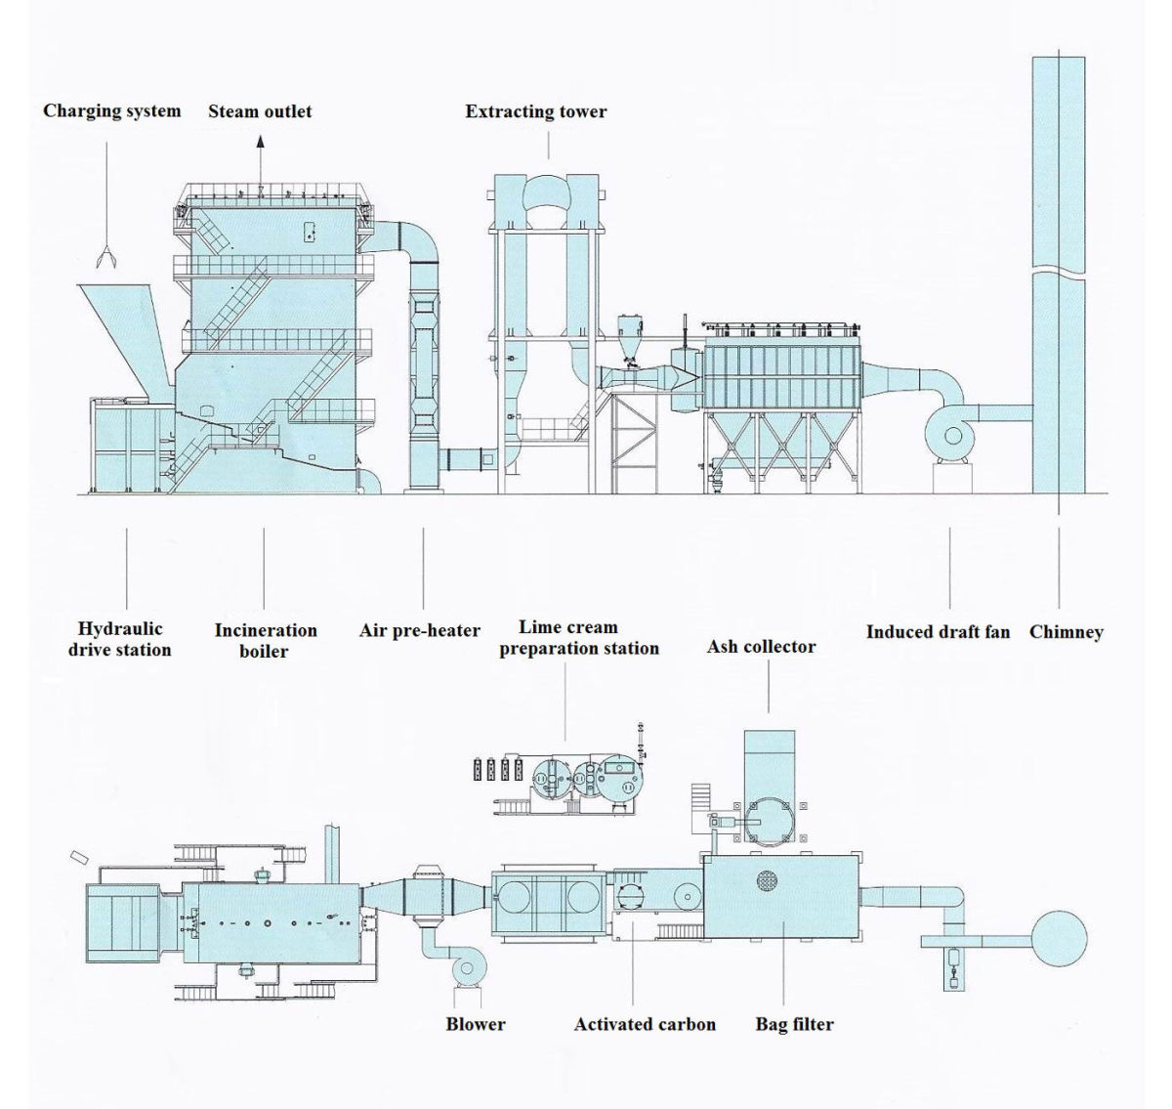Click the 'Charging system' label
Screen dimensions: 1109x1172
(111, 110)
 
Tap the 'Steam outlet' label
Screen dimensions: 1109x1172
(260, 111)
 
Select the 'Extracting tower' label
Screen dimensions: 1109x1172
(535, 111)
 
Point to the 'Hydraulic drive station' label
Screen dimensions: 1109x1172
(120, 639)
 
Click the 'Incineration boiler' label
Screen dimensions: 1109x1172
(266, 640)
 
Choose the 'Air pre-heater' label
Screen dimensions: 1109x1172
(420, 630)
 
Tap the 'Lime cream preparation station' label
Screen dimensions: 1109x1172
(578, 637)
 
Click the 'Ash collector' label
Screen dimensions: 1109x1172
(761, 646)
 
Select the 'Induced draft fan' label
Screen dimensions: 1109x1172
(938, 631)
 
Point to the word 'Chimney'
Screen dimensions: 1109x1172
(1066, 631)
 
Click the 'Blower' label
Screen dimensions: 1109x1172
(476, 1024)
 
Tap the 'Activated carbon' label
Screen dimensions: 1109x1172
(645, 1024)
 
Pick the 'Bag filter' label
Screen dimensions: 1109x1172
(794, 1024)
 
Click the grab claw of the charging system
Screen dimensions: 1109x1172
(105, 257)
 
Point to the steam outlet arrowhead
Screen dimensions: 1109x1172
(261, 142)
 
